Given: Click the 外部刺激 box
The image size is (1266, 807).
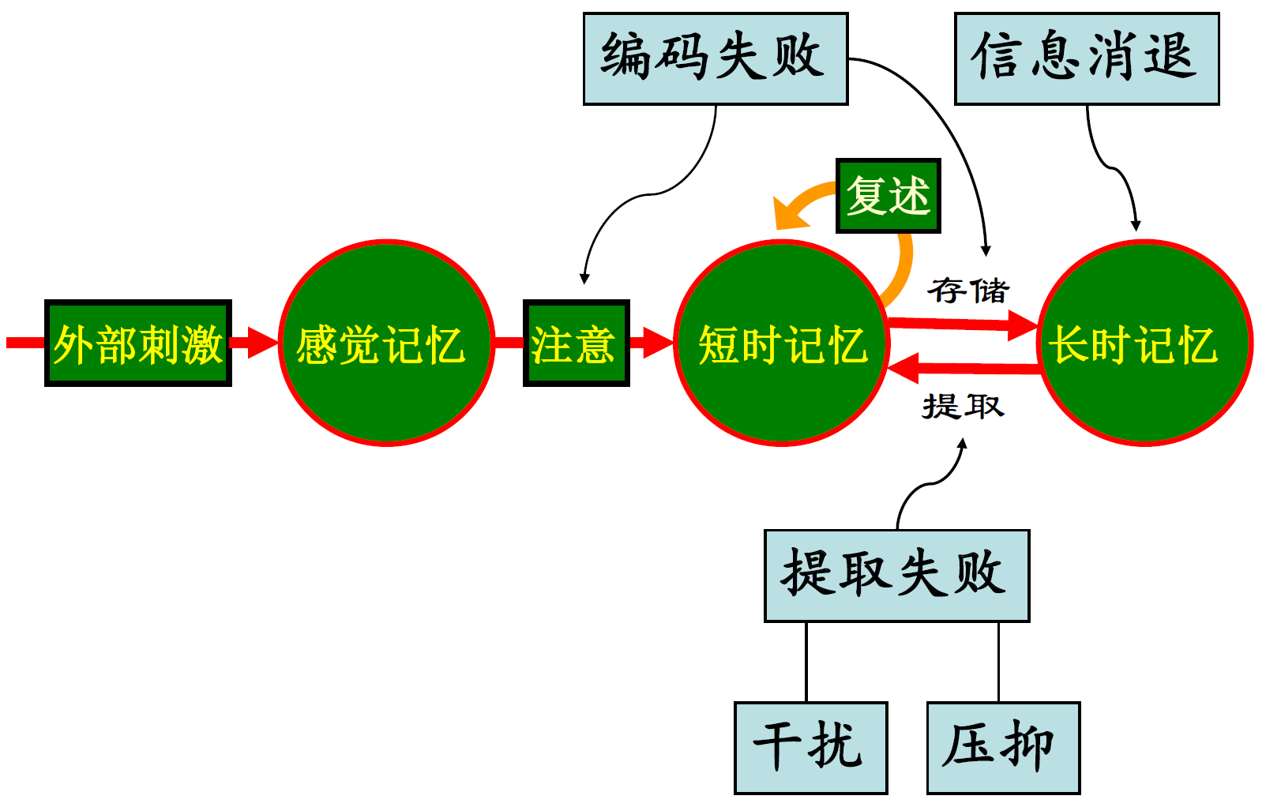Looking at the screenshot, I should click(x=138, y=343).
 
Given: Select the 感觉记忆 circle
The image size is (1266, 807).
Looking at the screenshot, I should click(x=386, y=343).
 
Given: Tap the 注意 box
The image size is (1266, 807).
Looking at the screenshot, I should click(x=576, y=343).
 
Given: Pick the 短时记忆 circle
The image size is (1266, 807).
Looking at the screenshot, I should click(x=781, y=343).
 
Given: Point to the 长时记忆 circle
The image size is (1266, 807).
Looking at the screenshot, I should click(x=1144, y=343).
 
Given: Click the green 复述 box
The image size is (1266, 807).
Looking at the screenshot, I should click(x=888, y=196).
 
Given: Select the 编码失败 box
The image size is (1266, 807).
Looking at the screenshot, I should click(x=716, y=58).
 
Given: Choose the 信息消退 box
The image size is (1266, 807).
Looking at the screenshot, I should click(x=1087, y=58).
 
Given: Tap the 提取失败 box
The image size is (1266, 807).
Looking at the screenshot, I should click(x=896, y=576).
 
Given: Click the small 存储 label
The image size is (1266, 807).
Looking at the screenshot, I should click(x=969, y=291).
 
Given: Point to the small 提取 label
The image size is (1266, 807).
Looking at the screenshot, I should click(x=963, y=407).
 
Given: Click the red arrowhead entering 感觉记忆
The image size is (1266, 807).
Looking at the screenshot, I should click(x=262, y=343).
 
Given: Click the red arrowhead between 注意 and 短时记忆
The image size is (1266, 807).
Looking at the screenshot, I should click(x=657, y=343).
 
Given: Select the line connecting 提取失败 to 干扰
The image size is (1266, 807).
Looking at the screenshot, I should click(x=806, y=662).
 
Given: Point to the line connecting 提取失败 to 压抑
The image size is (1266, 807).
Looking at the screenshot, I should click(x=999, y=662).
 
